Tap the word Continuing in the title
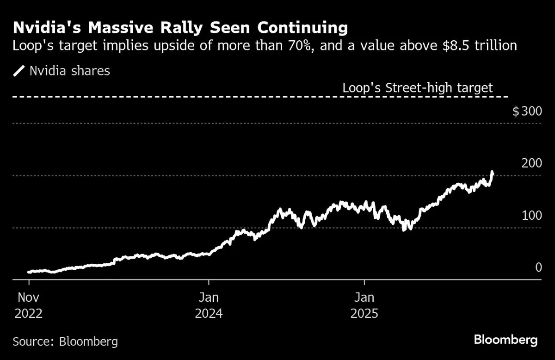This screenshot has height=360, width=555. (302, 28)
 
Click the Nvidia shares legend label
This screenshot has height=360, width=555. (69, 71)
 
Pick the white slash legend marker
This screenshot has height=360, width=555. (19, 71)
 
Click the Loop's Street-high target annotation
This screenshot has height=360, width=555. (417, 88)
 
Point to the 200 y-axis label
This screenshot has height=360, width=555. (531, 163)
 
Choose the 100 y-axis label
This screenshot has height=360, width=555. (531, 216)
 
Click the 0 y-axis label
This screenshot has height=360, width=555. (538, 267)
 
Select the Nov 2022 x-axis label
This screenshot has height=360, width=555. (29, 305)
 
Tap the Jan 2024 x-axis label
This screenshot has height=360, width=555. (209, 305)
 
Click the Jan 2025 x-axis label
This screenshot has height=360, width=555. (364, 305)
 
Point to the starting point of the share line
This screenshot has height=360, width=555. (29, 272)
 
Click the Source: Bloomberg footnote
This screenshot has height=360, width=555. (65, 342)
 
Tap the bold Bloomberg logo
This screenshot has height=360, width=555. (506, 340)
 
